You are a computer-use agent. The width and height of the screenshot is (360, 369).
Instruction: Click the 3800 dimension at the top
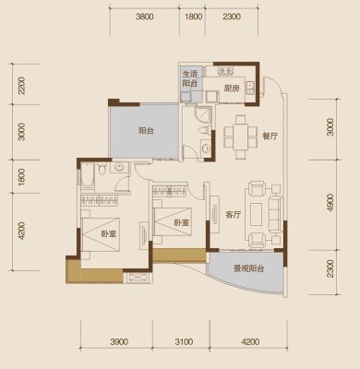[x=145, y=17]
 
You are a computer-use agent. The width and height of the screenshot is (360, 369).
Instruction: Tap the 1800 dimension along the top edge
[x=194, y=17]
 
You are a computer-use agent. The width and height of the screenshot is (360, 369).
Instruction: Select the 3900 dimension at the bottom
[x=119, y=341]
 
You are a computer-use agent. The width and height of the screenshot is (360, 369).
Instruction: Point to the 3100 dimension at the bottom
[x=184, y=341]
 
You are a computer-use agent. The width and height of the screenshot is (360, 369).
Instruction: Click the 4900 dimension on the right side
[x=330, y=202]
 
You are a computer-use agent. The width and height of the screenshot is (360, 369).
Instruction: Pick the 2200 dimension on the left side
[x=21, y=85]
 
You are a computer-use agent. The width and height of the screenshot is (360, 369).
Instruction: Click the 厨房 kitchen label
[x=231, y=89]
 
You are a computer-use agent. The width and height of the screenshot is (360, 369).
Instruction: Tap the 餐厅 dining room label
[x=270, y=136]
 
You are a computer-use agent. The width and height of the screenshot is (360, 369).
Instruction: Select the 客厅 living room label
[x=233, y=215]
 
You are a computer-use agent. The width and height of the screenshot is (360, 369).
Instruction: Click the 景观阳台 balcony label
[x=248, y=269]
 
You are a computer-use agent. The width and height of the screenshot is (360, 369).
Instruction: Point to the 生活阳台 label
[x=190, y=78]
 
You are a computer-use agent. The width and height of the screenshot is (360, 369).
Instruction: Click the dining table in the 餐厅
[x=241, y=137]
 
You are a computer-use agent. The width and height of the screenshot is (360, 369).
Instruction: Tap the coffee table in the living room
[x=256, y=214]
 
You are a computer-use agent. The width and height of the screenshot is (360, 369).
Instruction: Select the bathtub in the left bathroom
[x=87, y=176]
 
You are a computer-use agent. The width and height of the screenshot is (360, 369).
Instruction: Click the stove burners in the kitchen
[x=225, y=71]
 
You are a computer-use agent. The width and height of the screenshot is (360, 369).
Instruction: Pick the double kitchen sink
[x=250, y=88]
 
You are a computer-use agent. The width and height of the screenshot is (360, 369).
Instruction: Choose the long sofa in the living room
[x=276, y=214]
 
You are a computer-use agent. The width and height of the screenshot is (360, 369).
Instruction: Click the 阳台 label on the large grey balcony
[x=146, y=131]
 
